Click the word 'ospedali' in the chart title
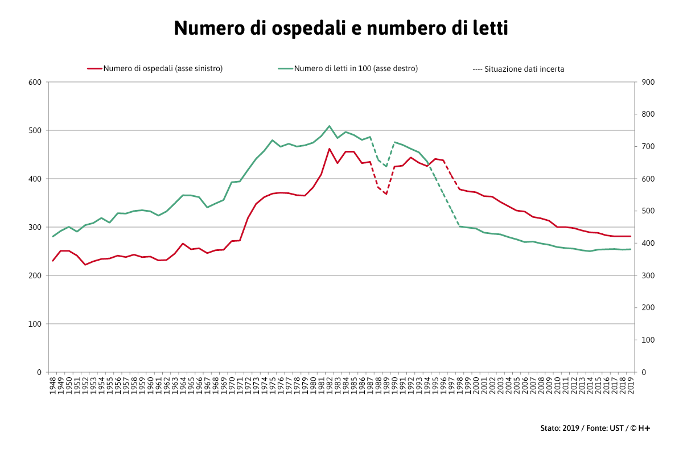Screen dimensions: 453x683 tap(301, 28)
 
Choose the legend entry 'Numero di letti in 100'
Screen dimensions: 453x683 tap(355, 68)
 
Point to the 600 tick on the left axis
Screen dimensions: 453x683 tap(35, 82)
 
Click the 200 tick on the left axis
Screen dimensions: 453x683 tap(35, 275)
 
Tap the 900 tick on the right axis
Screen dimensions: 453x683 tap(648, 82)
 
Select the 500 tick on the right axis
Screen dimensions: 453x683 tap(648, 211)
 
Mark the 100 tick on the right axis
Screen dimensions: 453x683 tap(648, 340)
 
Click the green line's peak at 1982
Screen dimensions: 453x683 tap(329, 126)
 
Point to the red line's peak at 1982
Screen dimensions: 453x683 tap(329, 149)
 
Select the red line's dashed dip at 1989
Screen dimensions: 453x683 tap(386, 194)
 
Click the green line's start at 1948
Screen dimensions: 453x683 tap(53, 237)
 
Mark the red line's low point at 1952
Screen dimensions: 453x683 tap(85, 265)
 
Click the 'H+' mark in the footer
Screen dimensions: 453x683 tap(644, 428)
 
